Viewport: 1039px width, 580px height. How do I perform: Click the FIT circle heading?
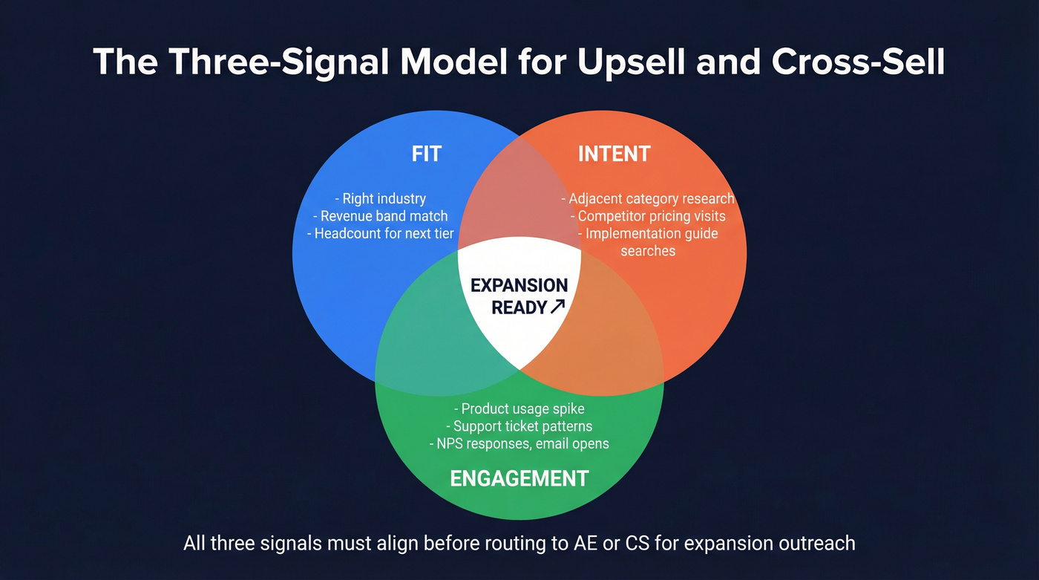coord(427,154)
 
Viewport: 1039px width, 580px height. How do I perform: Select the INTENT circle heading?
coord(614,154)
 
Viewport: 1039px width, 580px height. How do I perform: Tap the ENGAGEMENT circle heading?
coord(519,478)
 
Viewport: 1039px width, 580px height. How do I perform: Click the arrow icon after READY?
coord(558,307)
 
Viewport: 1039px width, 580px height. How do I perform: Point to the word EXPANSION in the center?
coord(519,286)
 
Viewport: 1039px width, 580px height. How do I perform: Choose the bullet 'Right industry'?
coord(380,199)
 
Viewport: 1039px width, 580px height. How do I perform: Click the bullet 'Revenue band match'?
coord(380,216)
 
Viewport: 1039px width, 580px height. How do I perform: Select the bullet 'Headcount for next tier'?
coord(380,233)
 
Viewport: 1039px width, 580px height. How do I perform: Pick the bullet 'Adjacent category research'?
coord(647,199)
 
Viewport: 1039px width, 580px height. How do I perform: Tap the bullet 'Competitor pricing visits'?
coord(647,216)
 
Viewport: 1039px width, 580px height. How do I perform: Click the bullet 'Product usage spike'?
coord(519,409)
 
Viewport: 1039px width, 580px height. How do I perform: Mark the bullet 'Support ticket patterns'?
coord(519,426)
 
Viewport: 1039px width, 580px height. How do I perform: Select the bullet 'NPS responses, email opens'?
coord(519,444)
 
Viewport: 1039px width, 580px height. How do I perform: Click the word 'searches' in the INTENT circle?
coord(648,251)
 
